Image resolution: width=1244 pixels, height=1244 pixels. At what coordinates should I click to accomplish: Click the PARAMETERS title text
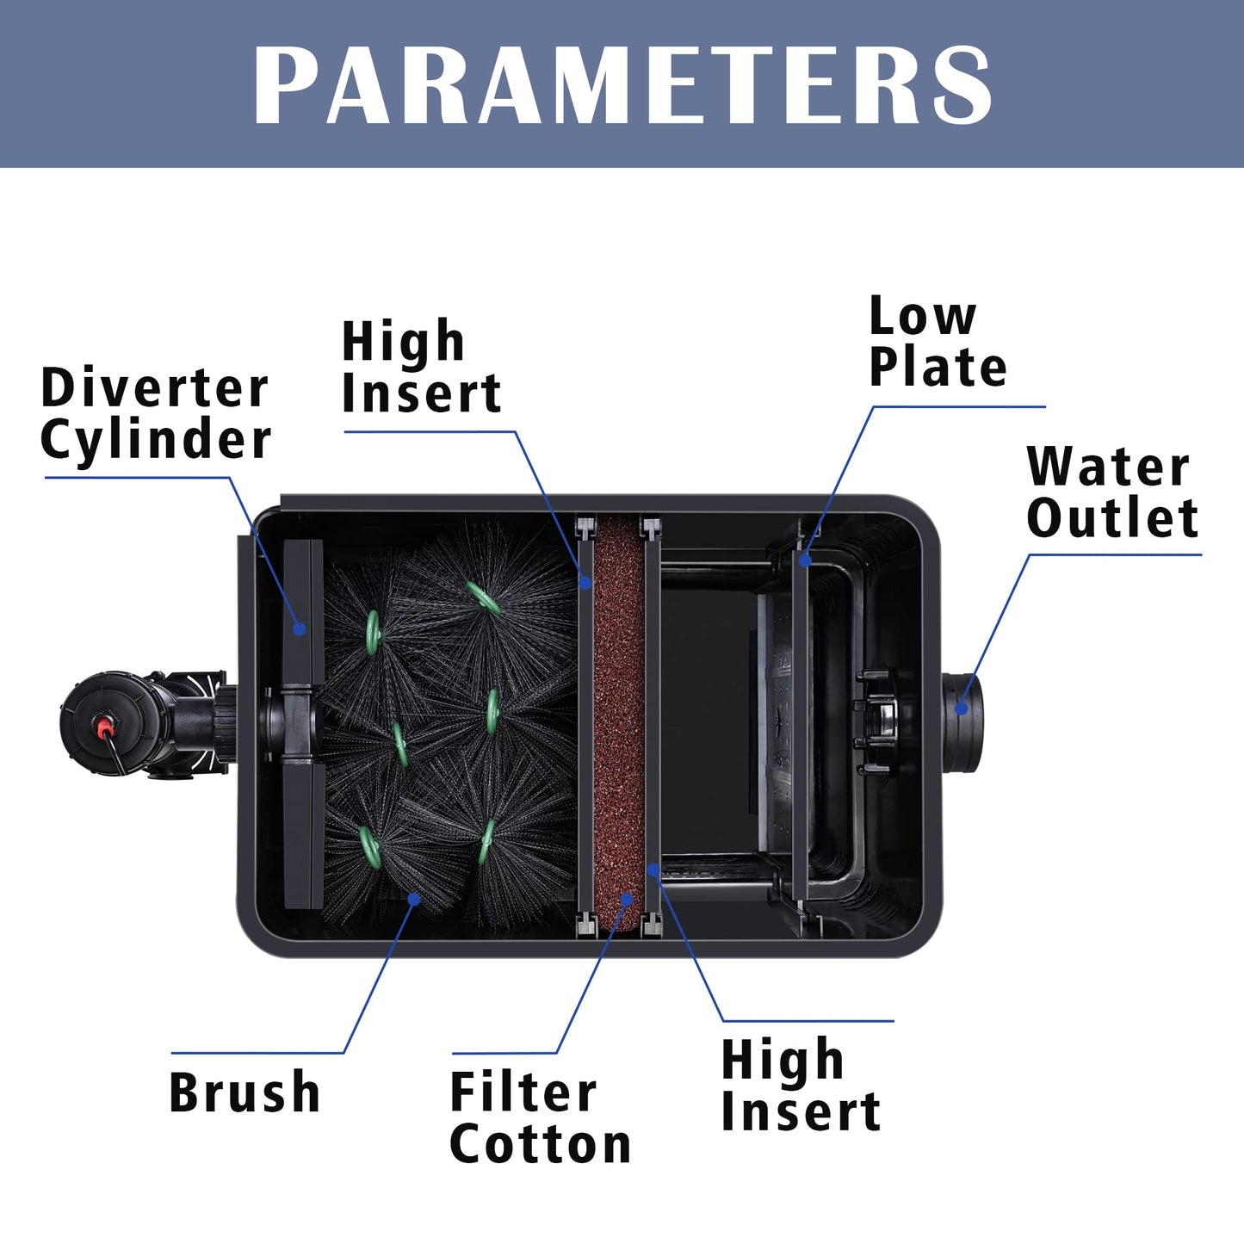(x=622, y=84)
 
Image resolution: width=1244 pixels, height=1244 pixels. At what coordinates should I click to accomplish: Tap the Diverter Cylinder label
(x=155, y=414)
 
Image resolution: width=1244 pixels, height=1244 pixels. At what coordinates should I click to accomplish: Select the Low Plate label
(x=938, y=341)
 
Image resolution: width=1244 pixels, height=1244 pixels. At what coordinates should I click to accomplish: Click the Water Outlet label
(x=1112, y=492)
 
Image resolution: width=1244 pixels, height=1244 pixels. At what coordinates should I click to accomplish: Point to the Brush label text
(x=244, y=1091)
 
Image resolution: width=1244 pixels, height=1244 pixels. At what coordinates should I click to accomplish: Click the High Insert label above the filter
(x=421, y=365)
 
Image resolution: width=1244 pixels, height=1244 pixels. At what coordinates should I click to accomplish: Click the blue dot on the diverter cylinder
(x=299, y=628)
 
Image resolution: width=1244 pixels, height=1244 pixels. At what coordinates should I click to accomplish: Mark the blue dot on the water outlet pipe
(x=962, y=709)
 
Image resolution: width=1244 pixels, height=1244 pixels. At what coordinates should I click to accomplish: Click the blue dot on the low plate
(x=804, y=560)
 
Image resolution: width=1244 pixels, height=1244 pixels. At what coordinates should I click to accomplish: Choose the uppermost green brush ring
(x=483, y=597)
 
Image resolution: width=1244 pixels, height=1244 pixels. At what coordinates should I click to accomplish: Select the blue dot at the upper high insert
(x=585, y=582)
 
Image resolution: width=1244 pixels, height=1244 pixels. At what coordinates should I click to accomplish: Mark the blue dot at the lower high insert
(x=653, y=870)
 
